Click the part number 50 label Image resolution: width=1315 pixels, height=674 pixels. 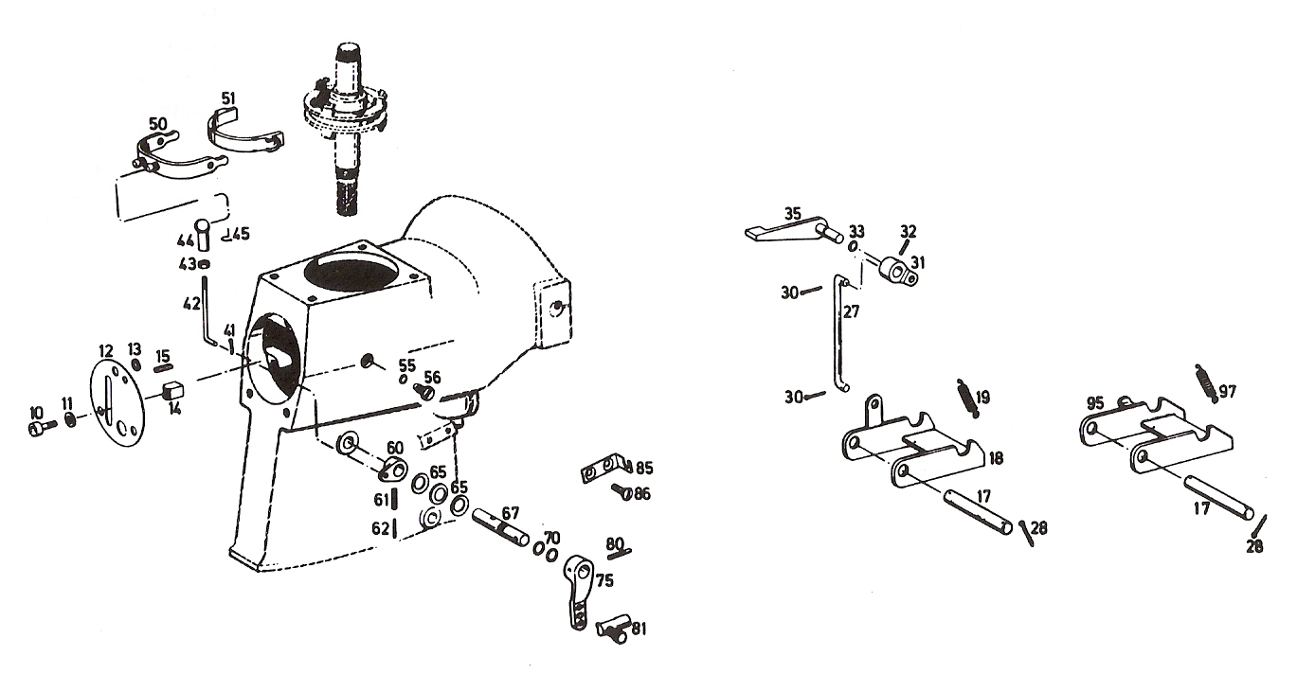pyautogui.click(x=158, y=124)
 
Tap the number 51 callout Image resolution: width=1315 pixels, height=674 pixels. pyautogui.click(x=228, y=98)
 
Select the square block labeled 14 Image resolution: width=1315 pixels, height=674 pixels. pyautogui.click(x=172, y=389)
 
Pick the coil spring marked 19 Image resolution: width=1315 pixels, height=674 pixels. pyautogui.click(x=968, y=398)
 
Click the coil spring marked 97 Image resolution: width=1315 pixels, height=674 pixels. pyautogui.click(x=1206, y=384)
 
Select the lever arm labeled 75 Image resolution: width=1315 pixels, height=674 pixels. pyautogui.click(x=579, y=592)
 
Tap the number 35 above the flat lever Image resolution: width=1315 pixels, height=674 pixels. pyautogui.click(x=793, y=214)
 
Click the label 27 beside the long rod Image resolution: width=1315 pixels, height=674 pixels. pyautogui.click(x=851, y=311)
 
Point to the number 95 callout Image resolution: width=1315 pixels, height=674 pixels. pyautogui.click(x=1095, y=403)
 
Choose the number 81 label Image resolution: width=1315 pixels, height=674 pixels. pyautogui.click(x=639, y=630)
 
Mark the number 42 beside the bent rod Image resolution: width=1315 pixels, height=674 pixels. pyautogui.click(x=192, y=304)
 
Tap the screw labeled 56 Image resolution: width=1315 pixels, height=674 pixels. pyautogui.click(x=425, y=391)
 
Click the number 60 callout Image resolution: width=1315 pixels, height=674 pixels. pyautogui.click(x=394, y=448)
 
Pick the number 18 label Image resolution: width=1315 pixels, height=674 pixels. pyautogui.click(x=996, y=458)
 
